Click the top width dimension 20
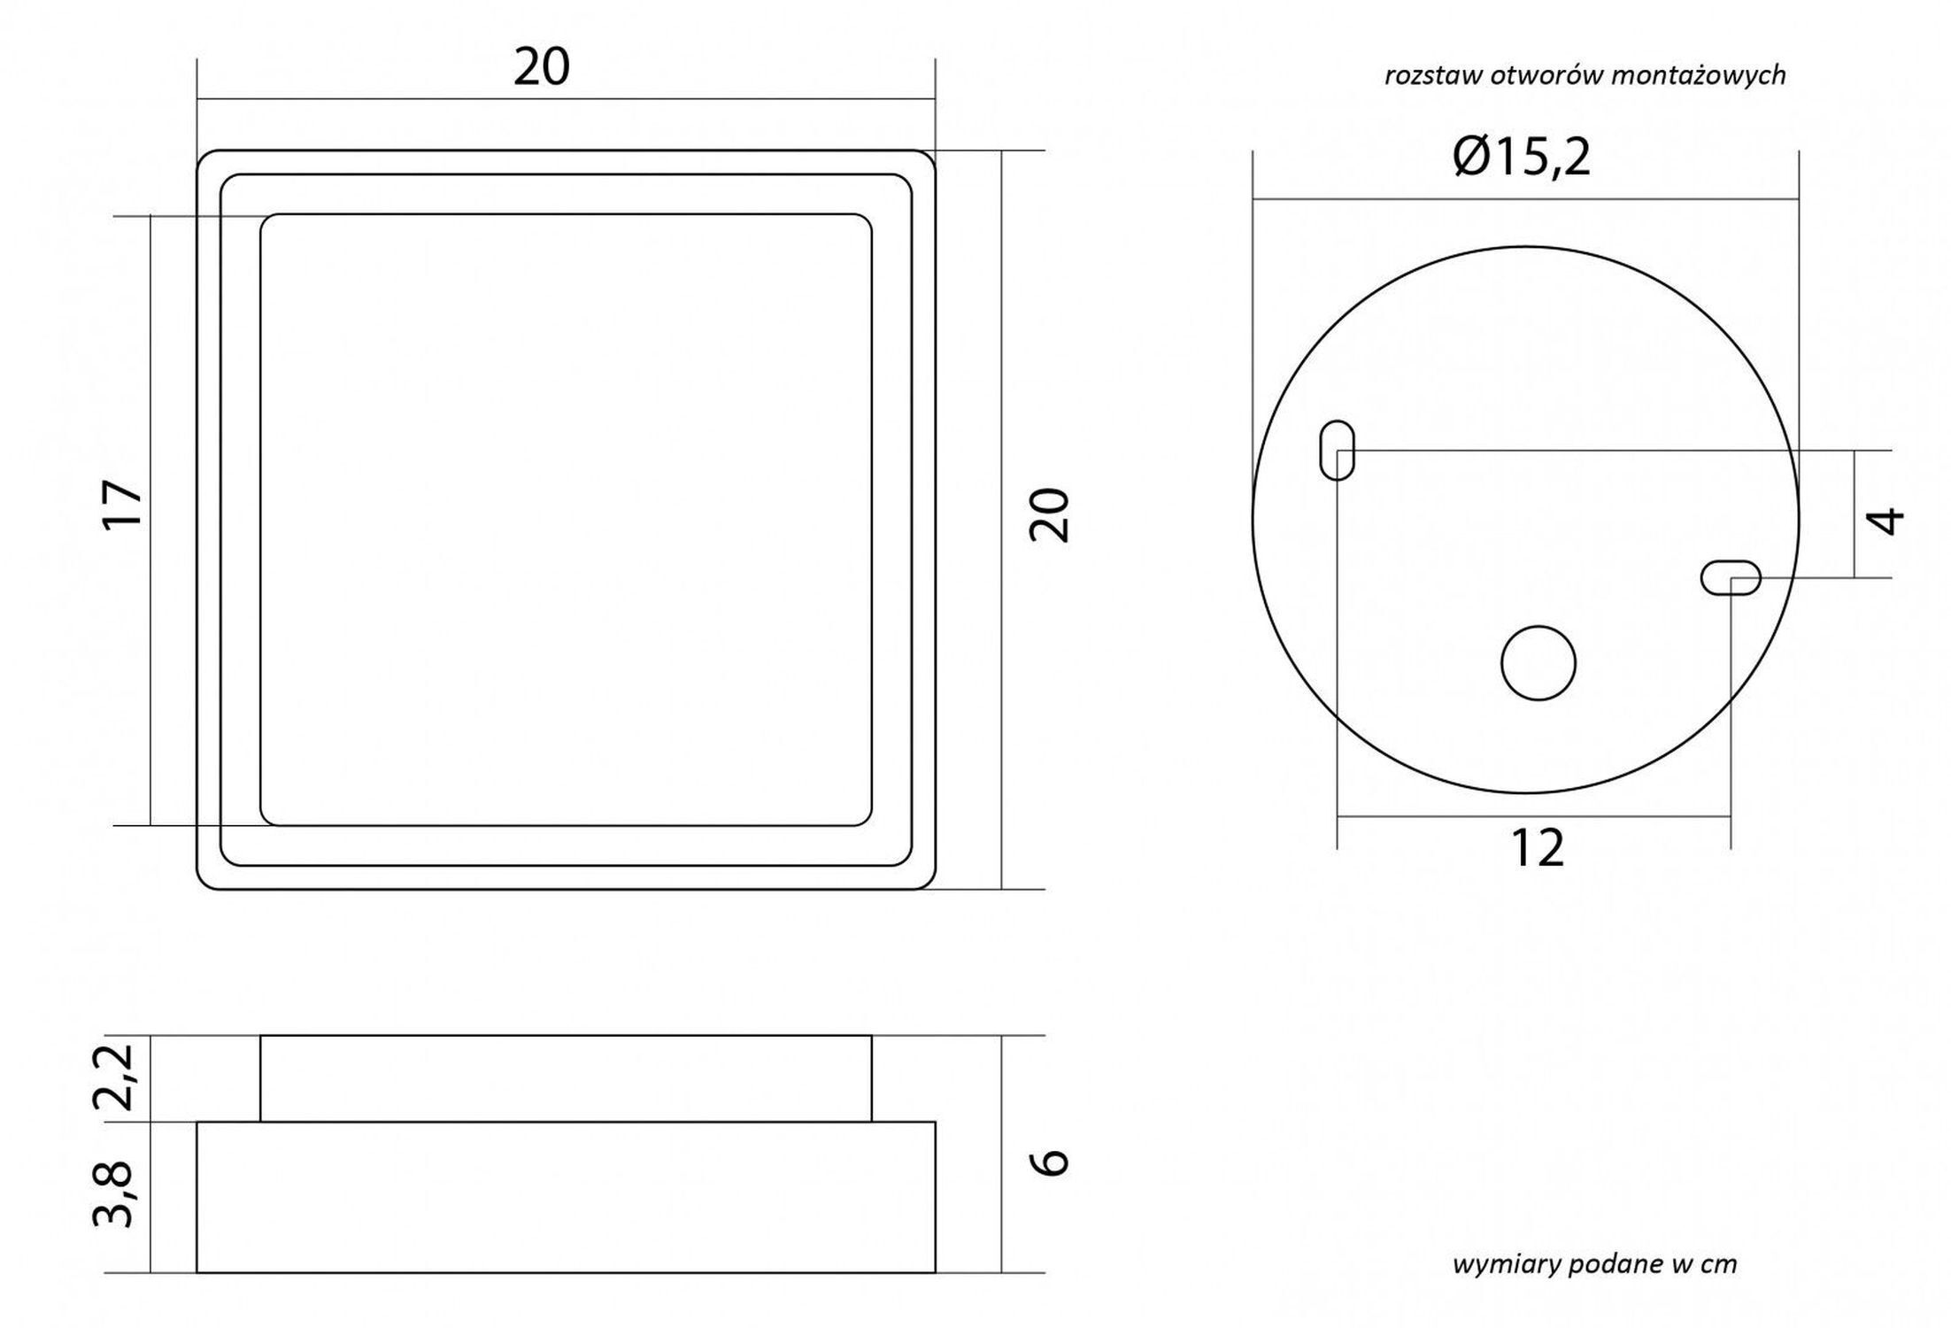541,67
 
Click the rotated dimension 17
122,505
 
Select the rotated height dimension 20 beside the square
1050,514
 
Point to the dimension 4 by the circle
1887,521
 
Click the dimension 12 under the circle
1538,848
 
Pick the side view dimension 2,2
114,1077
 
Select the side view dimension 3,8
114,1195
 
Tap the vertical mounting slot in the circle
1337,451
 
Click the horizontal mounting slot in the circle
1731,578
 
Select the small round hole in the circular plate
1538,663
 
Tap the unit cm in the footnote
1718,1264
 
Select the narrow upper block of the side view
566,1077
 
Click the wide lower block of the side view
566,1197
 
